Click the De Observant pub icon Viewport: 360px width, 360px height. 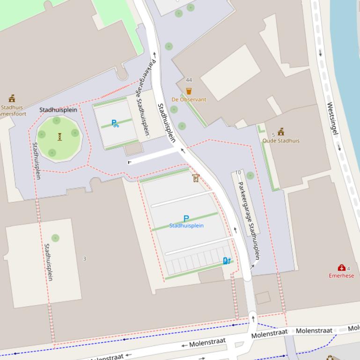click(x=189, y=92)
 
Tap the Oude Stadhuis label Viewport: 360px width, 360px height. click(x=280, y=140)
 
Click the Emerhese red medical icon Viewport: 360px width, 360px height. click(x=341, y=268)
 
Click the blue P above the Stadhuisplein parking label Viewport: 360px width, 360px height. click(x=186, y=219)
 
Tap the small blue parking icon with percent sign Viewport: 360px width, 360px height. click(x=115, y=123)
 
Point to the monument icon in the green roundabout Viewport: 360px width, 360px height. click(x=60, y=137)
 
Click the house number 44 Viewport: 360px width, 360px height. click(x=189, y=80)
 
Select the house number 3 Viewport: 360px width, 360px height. click(x=85, y=259)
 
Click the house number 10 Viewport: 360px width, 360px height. click(x=238, y=173)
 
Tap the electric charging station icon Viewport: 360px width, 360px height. click(x=227, y=260)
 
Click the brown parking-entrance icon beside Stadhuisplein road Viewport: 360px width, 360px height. click(x=196, y=178)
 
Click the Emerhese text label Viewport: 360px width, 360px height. click(x=341, y=275)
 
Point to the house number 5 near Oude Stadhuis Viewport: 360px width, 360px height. click(x=273, y=135)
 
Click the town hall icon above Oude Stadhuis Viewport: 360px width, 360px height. click(x=281, y=132)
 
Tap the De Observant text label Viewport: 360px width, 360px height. click(x=189, y=100)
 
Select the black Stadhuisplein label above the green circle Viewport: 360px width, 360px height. click(x=58, y=110)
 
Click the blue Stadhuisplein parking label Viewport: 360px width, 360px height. click(x=186, y=226)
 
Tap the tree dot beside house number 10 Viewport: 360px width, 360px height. click(x=250, y=176)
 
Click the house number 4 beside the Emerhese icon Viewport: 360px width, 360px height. click(x=348, y=268)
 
